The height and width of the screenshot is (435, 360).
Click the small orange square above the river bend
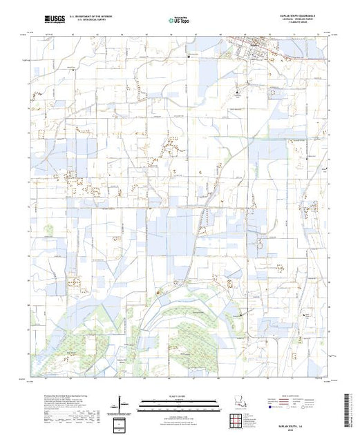click(x=158, y=293)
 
